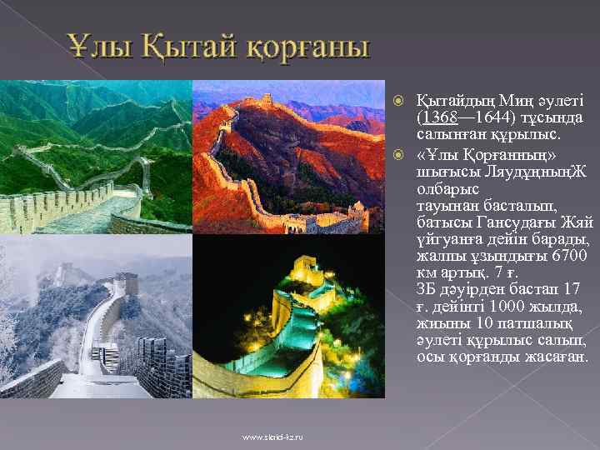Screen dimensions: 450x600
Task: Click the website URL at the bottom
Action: point(272,437)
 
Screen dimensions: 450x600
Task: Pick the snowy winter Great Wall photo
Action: point(96,317)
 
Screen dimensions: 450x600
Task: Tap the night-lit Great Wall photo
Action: point(288,317)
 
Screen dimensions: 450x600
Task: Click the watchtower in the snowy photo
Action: point(126,284)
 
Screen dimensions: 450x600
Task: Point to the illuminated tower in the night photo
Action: point(306,271)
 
